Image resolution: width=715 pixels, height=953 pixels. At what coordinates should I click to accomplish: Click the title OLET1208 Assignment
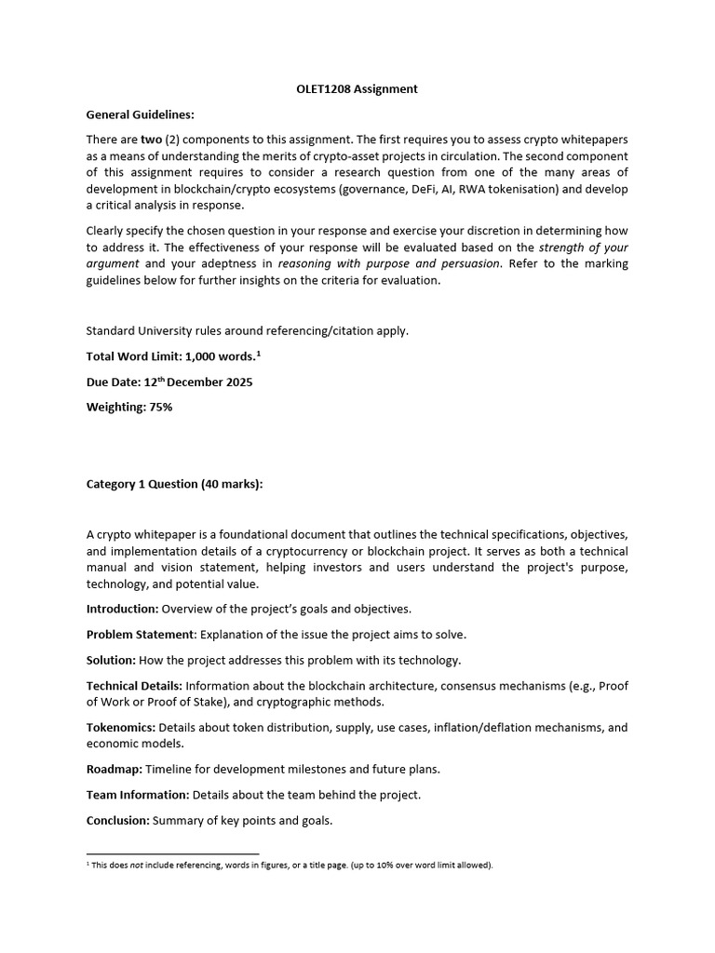(357, 89)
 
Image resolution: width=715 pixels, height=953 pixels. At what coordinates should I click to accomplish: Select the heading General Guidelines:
(140, 114)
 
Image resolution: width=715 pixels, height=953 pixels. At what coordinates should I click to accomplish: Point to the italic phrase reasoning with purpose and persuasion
(389, 263)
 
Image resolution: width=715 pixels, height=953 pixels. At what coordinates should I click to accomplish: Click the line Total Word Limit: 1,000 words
(171, 356)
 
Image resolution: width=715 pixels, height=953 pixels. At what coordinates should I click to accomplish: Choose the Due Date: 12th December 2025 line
(169, 382)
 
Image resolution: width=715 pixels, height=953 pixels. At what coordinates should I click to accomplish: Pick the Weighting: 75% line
(128, 407)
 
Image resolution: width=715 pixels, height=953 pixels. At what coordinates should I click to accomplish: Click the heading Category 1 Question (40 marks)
(174, 484)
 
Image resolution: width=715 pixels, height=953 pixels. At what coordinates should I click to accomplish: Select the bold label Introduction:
(122, 609)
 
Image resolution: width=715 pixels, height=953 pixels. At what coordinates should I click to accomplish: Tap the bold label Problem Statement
(141, 634)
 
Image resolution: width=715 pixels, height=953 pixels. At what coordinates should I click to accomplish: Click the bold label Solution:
(111, 660)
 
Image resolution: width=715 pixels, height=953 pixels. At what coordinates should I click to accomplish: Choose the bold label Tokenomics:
(121, 728)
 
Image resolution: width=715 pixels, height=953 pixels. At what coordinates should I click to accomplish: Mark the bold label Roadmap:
(114, 770)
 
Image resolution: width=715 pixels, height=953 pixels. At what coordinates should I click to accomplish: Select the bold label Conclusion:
(117, 821)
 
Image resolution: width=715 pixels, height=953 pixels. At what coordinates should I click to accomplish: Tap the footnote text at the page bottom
(290, 866)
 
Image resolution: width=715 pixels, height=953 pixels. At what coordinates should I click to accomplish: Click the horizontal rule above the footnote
(172, 853)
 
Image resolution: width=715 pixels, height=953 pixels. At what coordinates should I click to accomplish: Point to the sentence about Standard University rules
(247, 330)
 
